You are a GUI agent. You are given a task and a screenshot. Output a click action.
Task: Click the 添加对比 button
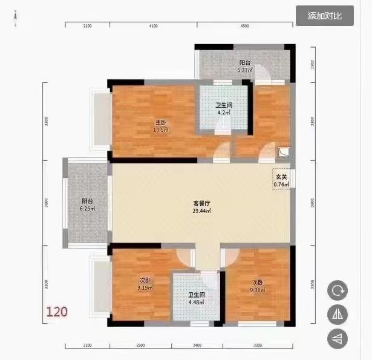point(324,16)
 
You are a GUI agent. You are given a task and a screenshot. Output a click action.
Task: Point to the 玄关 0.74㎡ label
point(280,180)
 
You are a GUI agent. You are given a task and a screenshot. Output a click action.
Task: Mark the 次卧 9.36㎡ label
point(257,285)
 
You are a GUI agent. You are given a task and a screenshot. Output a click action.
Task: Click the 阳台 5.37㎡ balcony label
point(244,67)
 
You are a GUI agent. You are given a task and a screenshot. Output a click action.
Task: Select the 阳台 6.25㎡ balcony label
point(88,205)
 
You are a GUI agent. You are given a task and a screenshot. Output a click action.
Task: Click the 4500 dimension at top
point(245,27)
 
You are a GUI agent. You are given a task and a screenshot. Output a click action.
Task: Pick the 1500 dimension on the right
point(312,64)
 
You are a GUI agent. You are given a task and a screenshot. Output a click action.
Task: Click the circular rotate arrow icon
point(337,290)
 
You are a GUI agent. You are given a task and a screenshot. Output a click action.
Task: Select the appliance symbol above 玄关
point(284,153)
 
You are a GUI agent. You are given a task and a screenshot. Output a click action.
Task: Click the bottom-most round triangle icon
point(337,338)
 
